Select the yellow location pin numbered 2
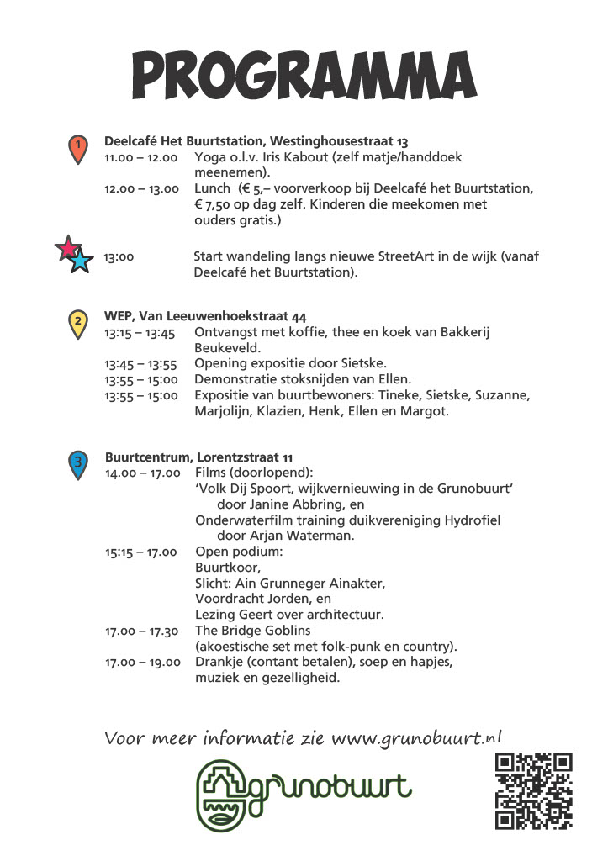(x=77, y=322)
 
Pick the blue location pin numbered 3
(x=77, y=463)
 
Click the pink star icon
(x=66, y=249)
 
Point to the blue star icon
(x=80, y=261)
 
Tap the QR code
(x=533, y=790)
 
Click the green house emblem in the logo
(x=222, y=795)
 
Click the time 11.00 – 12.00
(x=140, y=157)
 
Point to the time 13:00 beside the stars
(x=119, y=257)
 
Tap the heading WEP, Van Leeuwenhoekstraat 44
(x=205, y=317)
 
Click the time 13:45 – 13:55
(x=140, y=363)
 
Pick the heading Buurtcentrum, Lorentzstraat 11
(x=198, y=457)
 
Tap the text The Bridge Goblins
(x=252, y=631)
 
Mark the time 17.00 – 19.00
(x=143, y=663)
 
